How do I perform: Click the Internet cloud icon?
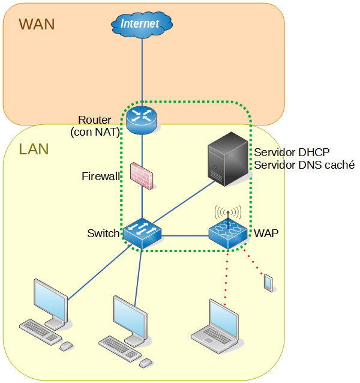click(x=142, y=24)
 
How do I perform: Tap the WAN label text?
click(x=37, y=24)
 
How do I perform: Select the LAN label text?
click(x=34, y=149)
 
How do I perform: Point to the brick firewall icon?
click(x=142, y=175)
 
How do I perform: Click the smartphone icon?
click(x=268, y=282)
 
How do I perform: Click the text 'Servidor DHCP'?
click(x=292, y=151)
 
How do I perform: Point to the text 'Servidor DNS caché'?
click(x=304, y=164)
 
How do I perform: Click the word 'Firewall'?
click(x=101, y=176)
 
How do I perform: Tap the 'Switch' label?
click(x=103, y=233)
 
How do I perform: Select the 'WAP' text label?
click(x=266, y=233)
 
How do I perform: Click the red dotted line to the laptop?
click(x=226, y=276)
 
